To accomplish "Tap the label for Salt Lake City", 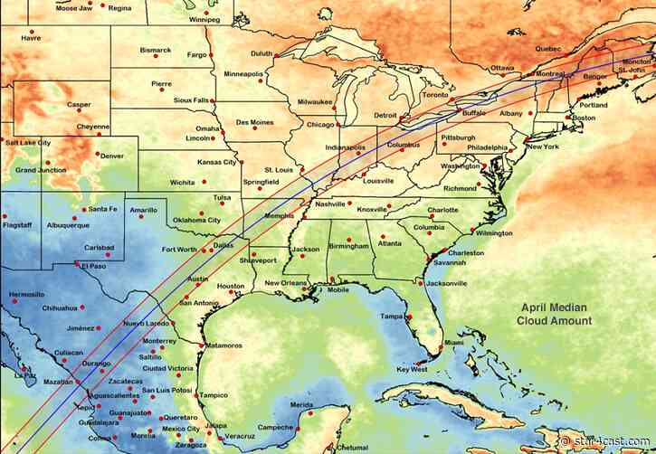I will pyautogui.click(x=28, y=142).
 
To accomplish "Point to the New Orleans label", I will pyautogui.click(x=285, y=283).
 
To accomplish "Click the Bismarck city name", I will pyautogui.click(x=156, y=50).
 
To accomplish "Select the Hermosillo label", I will pyautogui.click(x=26, y=294).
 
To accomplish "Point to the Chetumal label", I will pyautogui.click(x=352, y=447).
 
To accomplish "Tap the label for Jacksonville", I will pyautogui.click(x=447, y=283).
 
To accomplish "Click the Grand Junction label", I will pyautogui.click(x=40, y=170).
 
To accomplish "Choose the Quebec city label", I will pyautogui.click(x=548, y=48).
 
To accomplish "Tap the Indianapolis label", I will pyautogui.click(x=345, y=147).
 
